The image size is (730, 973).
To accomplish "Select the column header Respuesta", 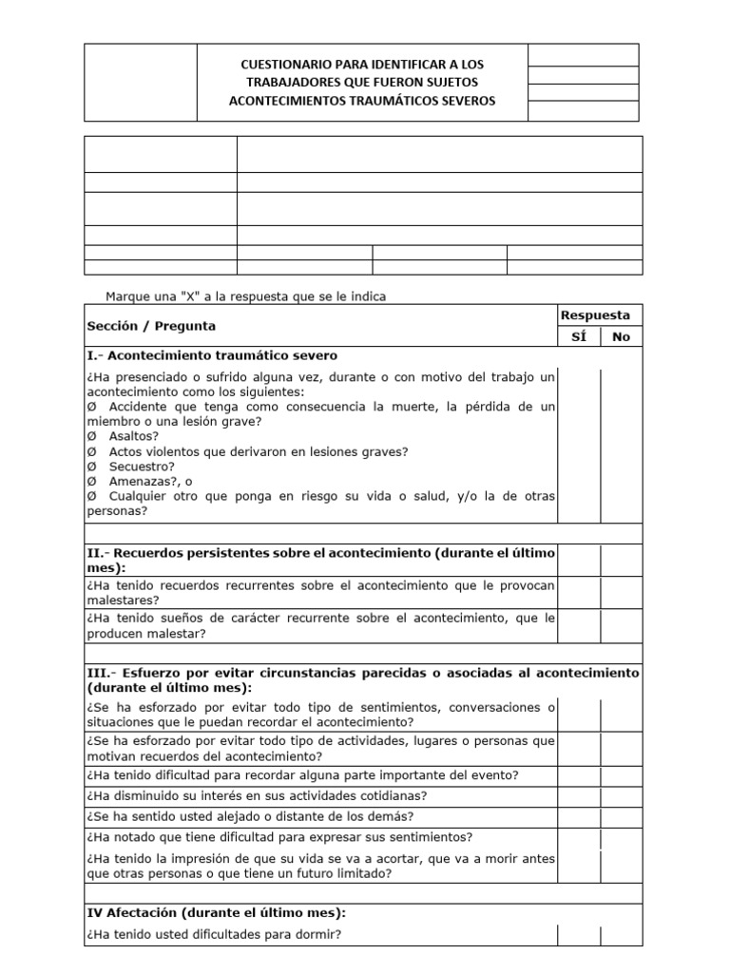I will pos(595,315).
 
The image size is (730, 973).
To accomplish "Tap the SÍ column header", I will pos(578,336).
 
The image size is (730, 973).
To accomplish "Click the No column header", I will pos(621,336).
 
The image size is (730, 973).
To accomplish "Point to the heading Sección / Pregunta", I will pos(151,326).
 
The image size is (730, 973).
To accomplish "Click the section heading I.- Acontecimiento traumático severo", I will pos(211,355).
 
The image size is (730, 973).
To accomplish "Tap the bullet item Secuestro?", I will pos(142,467).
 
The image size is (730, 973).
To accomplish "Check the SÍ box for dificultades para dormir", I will pos(578,935).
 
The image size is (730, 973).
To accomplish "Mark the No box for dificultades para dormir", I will pos(621,935).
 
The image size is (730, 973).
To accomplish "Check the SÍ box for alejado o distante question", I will pos(578,816).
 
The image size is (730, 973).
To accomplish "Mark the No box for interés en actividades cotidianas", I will pos(621,795).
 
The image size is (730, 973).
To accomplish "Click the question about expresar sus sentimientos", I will pos(279,837).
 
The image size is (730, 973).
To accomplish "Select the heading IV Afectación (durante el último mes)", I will pos(216,912).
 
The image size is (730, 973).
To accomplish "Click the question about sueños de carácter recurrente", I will pos(320,625).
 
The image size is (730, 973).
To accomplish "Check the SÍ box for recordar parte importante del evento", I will pos(578,774).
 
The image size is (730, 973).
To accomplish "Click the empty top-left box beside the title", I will pos(141,83).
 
